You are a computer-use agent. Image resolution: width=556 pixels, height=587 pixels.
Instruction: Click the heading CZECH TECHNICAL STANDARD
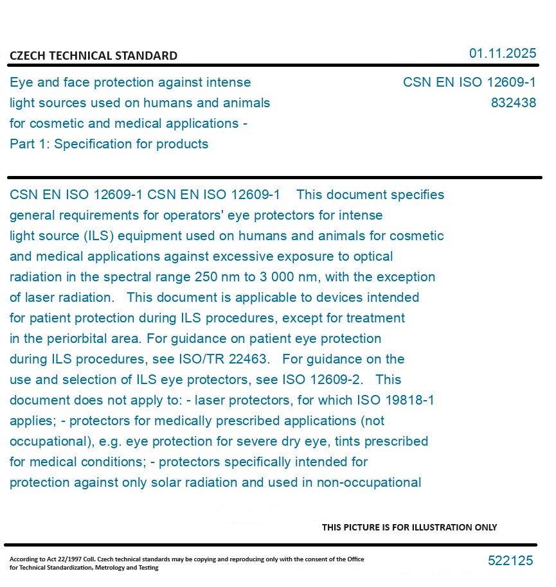(93, 56)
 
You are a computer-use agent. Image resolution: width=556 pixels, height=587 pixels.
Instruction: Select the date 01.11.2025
(502, 53)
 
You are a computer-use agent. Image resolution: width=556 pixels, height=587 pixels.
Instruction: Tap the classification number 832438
(513, 103)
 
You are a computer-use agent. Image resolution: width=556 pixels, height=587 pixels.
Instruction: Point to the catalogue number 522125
(510, 561)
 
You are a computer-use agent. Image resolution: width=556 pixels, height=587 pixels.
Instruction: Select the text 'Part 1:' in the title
(30, 144)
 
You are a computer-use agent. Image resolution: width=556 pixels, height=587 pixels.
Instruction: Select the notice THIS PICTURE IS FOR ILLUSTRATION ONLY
(409, 527)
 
